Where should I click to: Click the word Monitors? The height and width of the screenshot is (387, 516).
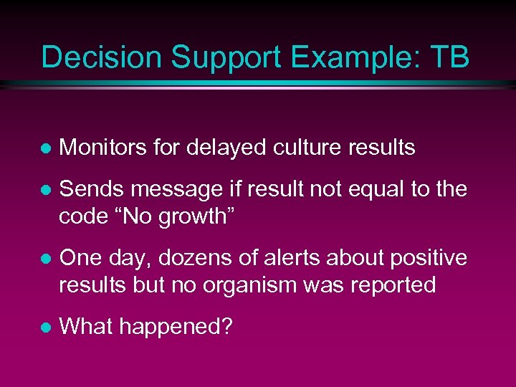point(104,148)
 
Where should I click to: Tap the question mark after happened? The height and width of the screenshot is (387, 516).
point(226,326)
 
